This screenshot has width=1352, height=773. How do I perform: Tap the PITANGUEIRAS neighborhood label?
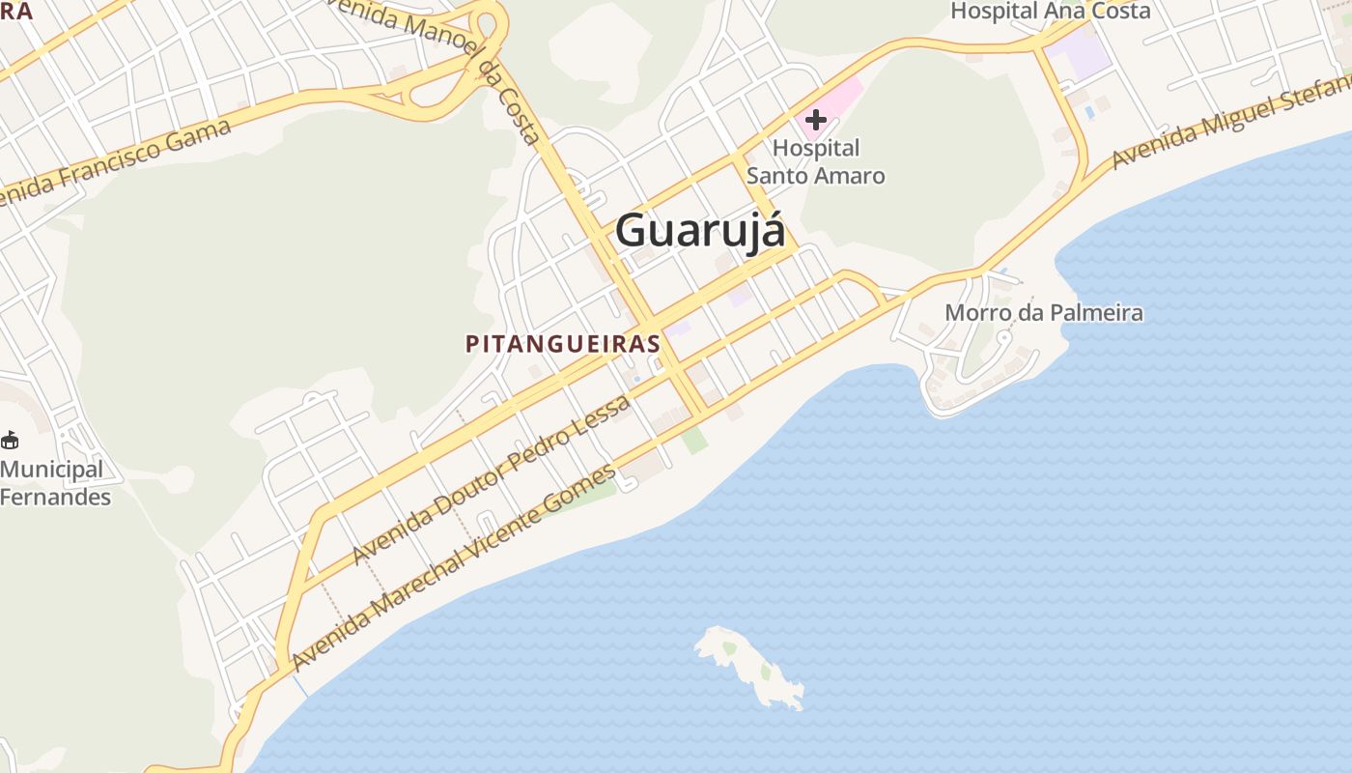click(x=563, y=344)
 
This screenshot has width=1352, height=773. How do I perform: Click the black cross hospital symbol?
click(x=816, y=121)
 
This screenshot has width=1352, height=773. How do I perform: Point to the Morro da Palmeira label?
click(x=1043, y=313)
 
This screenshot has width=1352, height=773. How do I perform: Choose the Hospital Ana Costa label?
click(x=1050, y=12)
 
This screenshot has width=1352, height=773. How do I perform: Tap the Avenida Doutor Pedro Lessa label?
click(x=492, y=479)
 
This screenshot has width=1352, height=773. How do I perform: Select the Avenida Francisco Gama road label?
click(x=116, y=164)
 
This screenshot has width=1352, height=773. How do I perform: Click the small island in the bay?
click(x=749, y=666)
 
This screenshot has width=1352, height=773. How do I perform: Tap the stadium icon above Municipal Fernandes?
click(x=10, y=441)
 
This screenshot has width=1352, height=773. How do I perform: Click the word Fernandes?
click(x=55, y=498)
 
